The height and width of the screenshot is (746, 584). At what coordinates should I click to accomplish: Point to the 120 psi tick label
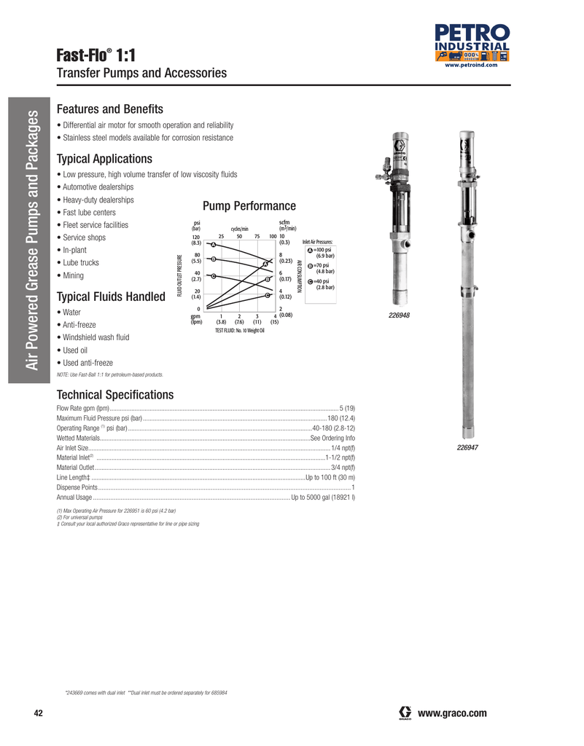point(196,237)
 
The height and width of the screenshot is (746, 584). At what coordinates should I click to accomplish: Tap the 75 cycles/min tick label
point(257,236)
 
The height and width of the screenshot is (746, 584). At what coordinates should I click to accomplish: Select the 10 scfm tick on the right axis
point(283,236)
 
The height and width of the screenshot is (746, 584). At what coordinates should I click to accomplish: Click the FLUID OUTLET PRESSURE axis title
point(179,275)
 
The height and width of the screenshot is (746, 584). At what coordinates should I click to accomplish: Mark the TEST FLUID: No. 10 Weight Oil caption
point(239,331)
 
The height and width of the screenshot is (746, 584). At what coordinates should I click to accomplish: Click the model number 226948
point(399,315)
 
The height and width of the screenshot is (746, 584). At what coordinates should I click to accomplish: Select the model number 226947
point(467,447)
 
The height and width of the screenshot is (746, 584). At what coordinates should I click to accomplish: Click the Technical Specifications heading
point(115,395)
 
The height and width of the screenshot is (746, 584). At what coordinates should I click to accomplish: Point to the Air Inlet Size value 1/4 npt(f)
point(343,448)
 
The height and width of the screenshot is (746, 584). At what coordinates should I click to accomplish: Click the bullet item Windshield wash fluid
point(96,337)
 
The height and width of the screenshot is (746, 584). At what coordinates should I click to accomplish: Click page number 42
point(39,712)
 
